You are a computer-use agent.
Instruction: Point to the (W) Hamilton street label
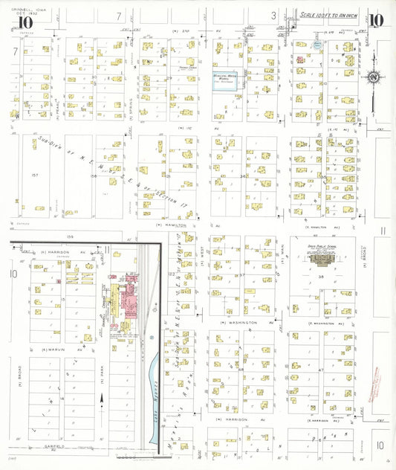(169, 224)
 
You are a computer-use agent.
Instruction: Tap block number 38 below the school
(322, 276)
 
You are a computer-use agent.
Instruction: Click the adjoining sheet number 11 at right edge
(381, 231)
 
